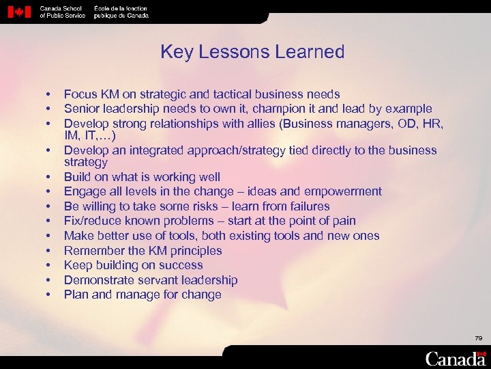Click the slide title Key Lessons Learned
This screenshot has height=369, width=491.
pyautogui.click(x=252, y=52)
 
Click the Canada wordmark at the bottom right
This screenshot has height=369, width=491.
pyautogui.click(x=456, y=357)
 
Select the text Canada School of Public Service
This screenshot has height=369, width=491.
pyautogui.click(x=63, y=12)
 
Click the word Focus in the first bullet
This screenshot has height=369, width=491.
pyautogui.click(x=80, y=94)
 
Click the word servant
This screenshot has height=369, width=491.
pyautogui.click(x=154, y=280)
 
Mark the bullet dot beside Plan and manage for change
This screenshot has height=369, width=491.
pyautogui.click(x=50, y=295)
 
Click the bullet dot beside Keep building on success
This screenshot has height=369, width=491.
pyautogui.click(x=50, y=265)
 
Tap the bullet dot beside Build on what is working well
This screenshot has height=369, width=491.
pyautogui.click(x=50, y=177)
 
